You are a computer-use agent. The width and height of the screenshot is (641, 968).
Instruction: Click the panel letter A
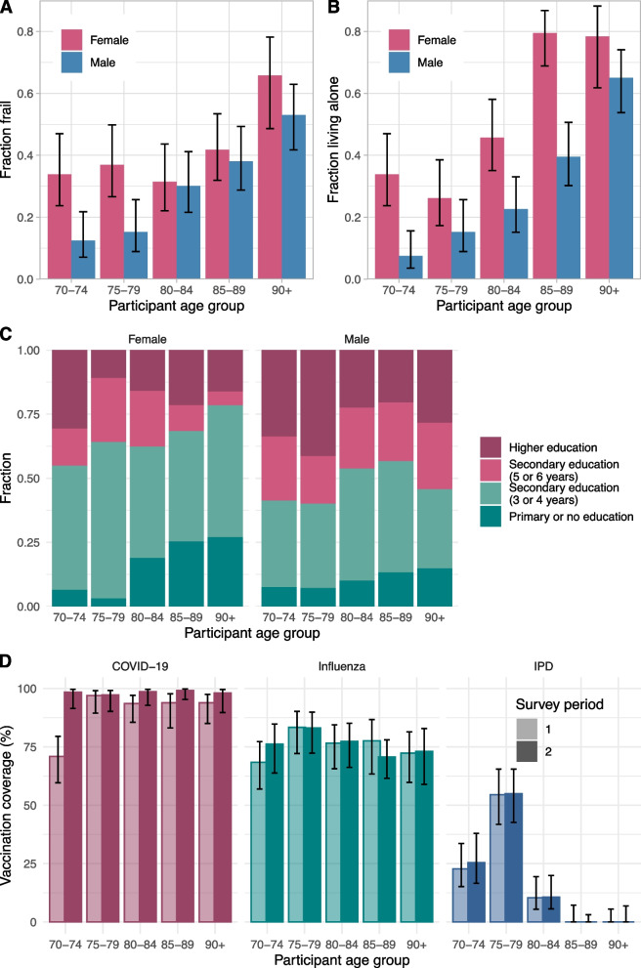(x=8, y=9)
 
